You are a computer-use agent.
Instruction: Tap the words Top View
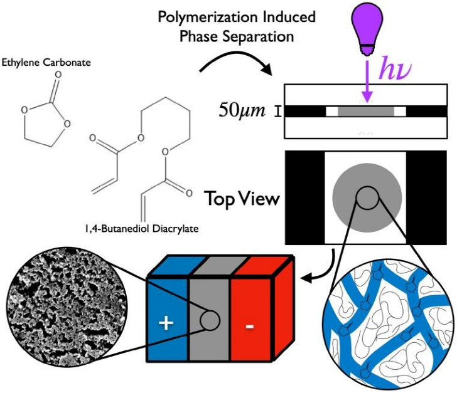pyautogui.click(x=242, y=200)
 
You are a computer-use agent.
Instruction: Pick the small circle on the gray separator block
pyautogui.click(x=209, y=321)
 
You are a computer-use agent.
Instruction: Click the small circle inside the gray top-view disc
pyautogui.click(x=367, y=198)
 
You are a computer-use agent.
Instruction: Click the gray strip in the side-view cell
pyautogui.click(x=366, y=111)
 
